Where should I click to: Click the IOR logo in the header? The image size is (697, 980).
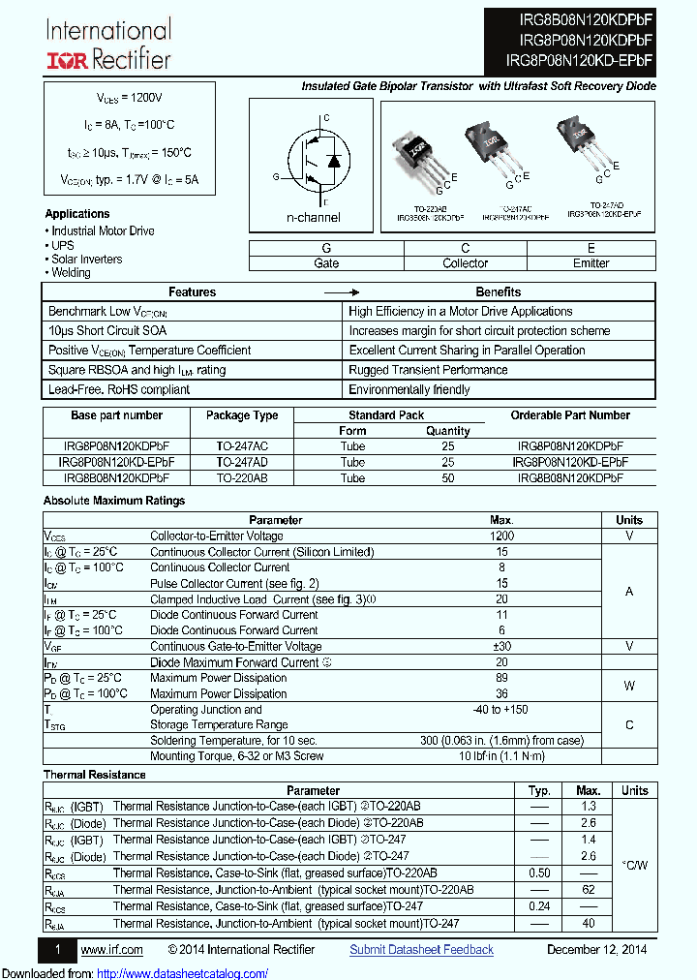click(x=68, y=60)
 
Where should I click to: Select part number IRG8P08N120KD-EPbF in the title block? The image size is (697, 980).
click(x=579, y=60)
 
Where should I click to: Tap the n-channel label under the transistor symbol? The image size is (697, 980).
click(x=313, y=218)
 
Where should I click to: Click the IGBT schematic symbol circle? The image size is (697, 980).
click(x=314, y=160)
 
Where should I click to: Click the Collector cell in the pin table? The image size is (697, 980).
click(x=466, y=263)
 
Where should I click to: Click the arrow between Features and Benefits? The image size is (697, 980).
click(x=341, y=292)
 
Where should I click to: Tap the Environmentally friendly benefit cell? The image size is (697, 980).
click(x=409, y=389)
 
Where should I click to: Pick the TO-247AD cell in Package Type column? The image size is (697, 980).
click(x=242, y=463)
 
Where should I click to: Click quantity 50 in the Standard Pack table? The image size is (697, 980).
click(x=447, y=478)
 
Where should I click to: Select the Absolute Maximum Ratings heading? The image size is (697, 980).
click(x=114, y=501)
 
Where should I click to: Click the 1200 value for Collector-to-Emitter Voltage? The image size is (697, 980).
click(x=501, y=536)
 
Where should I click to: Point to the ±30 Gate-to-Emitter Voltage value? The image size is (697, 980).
click(x=501, y=646)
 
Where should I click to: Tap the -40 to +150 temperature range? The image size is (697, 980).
click(x=501, y=710)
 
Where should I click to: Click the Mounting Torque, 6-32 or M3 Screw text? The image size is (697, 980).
click(x=236, y=756)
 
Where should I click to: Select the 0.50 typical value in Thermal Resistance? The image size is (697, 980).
click(x=539, y=873)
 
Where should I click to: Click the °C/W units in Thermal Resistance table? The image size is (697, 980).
click(x=635, y=864)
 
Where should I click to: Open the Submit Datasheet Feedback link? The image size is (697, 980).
click(x=421, y=950)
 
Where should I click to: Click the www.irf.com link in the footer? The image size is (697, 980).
click(x=111, y=950)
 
